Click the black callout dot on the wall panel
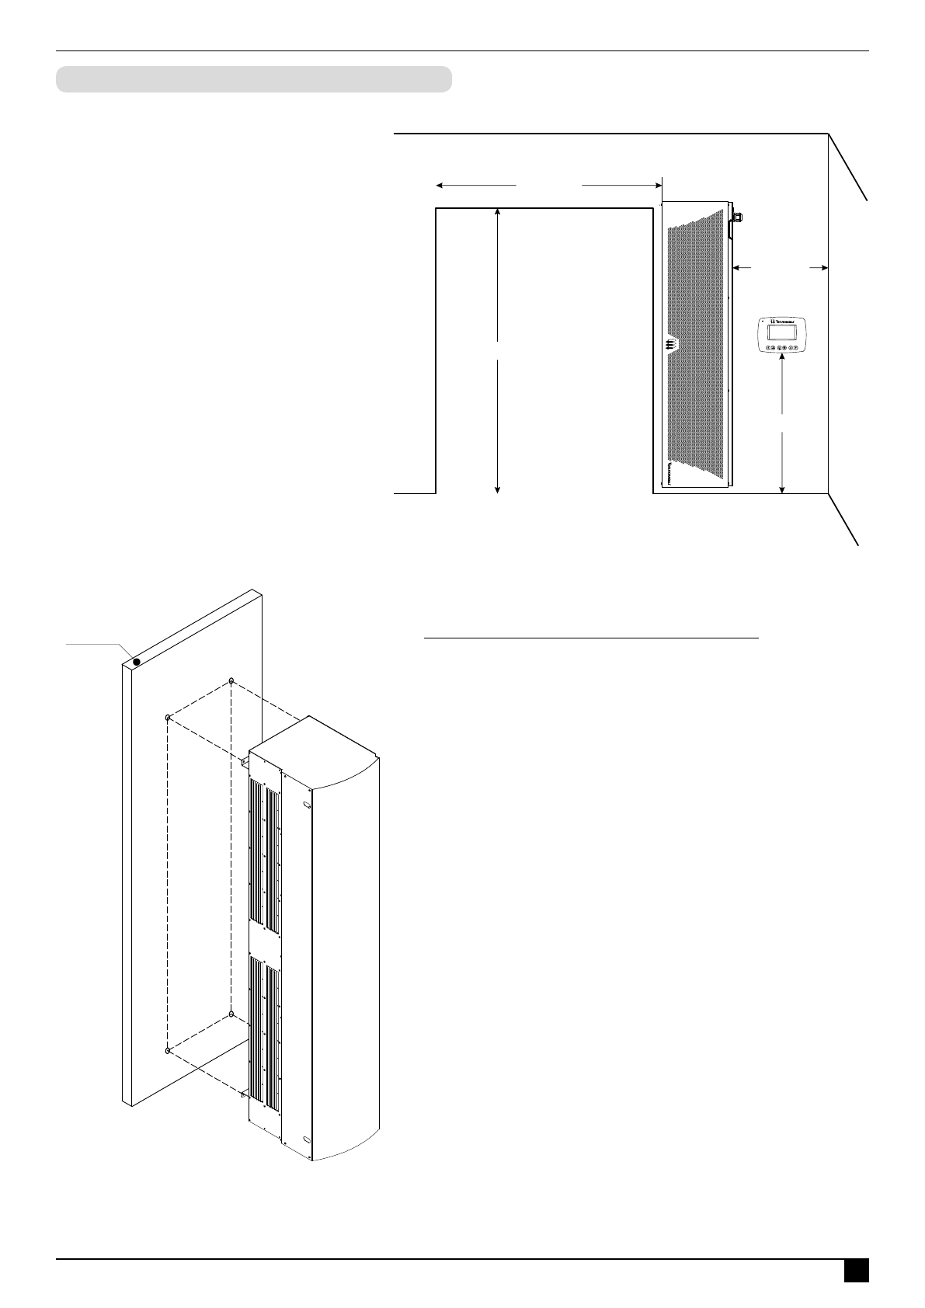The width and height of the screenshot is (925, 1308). (136, 662)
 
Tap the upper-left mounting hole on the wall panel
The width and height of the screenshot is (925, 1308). (167, 718)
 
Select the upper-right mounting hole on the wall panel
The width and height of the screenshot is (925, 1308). (231, 681)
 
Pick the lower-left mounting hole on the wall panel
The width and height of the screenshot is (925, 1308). (167, 1050)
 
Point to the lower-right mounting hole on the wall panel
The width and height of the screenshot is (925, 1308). (231, 1014)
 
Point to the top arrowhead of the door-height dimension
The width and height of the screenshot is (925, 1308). (498, 213)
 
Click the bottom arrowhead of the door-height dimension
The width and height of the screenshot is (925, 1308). (498, 489)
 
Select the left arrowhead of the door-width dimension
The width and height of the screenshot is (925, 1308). (440, 186)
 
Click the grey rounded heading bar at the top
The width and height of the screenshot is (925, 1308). (254, 79)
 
